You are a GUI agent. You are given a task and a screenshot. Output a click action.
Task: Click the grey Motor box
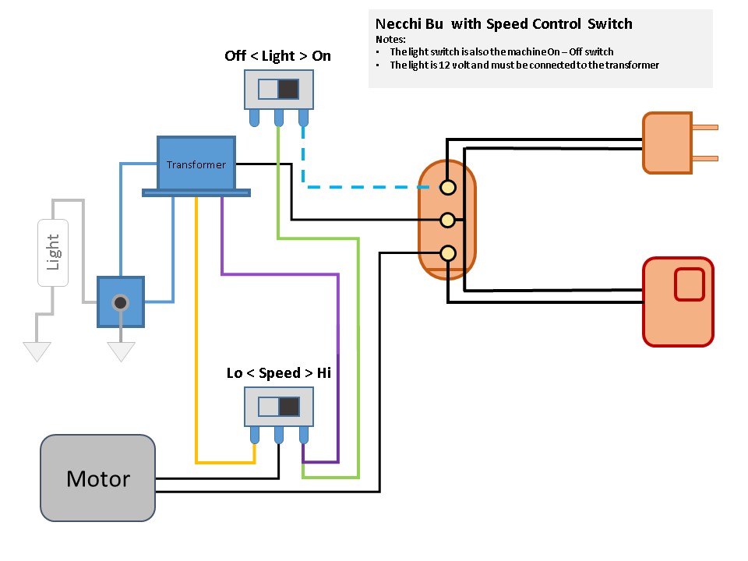98,478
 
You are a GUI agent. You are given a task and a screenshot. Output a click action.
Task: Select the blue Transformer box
196,164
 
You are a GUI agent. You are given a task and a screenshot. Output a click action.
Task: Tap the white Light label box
53,252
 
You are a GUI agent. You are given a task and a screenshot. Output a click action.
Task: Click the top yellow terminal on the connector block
448,187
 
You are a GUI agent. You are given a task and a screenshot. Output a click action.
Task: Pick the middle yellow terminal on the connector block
448,220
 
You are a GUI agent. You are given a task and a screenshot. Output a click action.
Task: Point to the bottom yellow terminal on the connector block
448,252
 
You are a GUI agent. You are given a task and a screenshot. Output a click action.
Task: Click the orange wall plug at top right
668,143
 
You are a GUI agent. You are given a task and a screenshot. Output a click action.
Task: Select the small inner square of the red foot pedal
689,284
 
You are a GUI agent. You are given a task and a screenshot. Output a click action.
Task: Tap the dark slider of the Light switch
289,88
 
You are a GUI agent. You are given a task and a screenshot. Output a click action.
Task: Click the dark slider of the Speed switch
289,407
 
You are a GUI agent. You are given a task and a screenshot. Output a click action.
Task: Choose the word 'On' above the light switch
321,56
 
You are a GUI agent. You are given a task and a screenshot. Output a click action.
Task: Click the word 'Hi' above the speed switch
323,373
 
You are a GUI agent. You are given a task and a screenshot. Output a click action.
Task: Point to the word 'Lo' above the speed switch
235,373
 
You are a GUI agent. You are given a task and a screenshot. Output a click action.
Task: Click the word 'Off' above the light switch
236,56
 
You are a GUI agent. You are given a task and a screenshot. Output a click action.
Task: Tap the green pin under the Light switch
278,118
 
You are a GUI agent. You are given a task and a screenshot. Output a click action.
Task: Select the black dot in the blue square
120,302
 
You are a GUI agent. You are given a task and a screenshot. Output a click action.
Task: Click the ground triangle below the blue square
121,352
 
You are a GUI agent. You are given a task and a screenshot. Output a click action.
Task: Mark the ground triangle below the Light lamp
36,352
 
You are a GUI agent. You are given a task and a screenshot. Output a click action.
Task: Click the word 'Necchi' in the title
398,23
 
